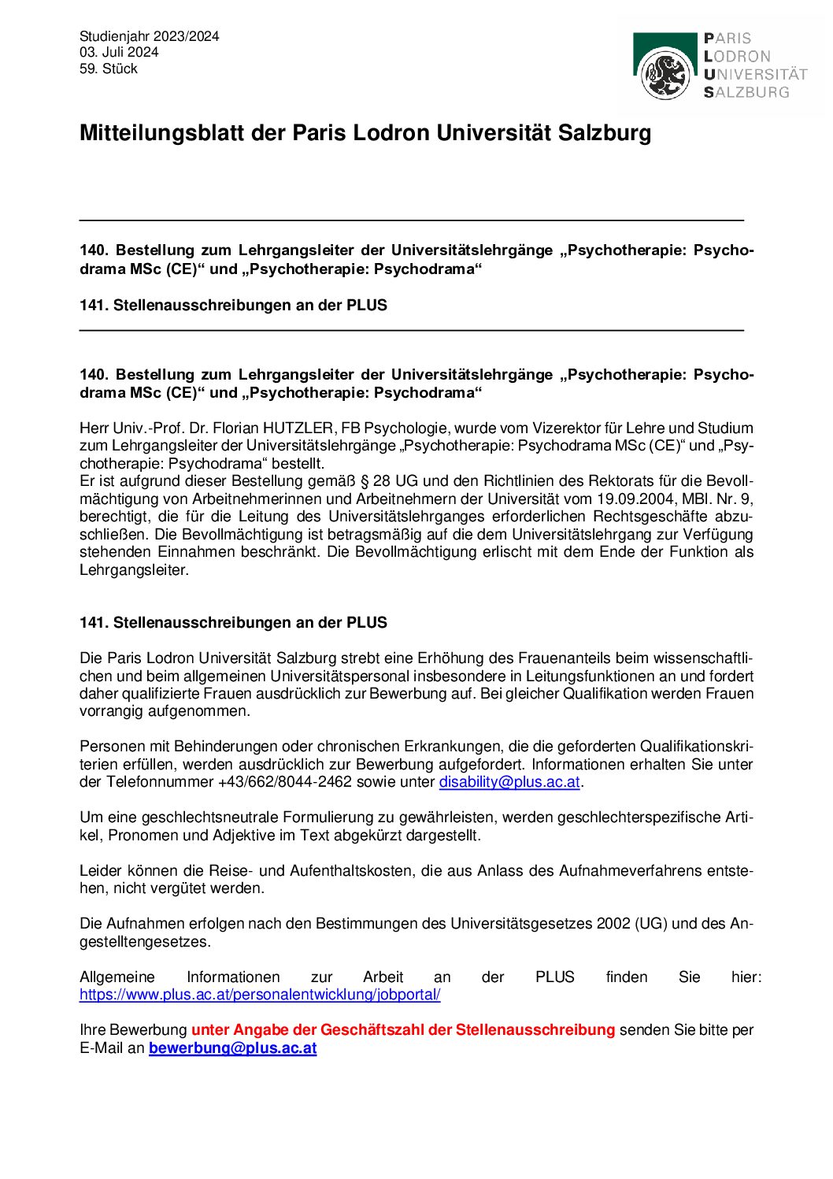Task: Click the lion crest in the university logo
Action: click(x=666, y=73)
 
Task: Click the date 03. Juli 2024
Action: click(x=119, y=52)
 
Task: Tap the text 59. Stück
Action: click(x=109, y=69)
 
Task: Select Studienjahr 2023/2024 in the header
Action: click(x=150, y=36)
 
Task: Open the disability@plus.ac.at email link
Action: click(x=509, y=782)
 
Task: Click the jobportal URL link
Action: click(x=260, y=995)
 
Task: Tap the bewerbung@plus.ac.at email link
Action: click(x=233, y=1048)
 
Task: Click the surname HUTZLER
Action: click(x=298, y=428)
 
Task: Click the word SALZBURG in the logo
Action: click(x=747, y=92)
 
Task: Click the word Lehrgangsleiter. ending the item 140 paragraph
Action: click(x=135, y=570)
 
